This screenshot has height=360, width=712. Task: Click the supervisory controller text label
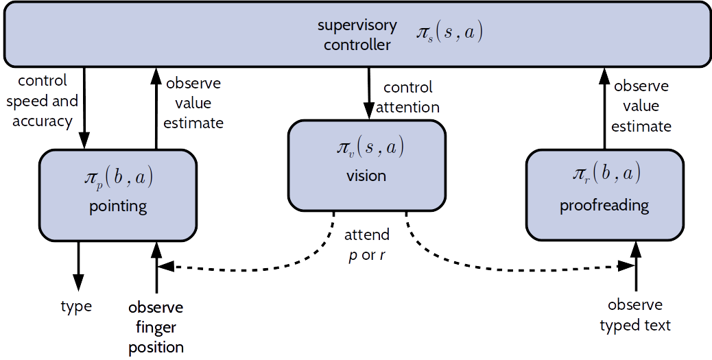[x=357, y=35]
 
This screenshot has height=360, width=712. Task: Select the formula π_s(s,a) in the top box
[x=449, y=33]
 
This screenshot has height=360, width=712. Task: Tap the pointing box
[x=118, y=195]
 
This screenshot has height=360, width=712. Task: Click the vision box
[x=366, y=165]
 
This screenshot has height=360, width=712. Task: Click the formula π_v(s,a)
[x=366, y=147]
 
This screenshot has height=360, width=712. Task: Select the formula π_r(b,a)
[x=604, y=175]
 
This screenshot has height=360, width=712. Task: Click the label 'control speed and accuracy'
[x=42, y=101]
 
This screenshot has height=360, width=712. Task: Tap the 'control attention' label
[x=407, y=97]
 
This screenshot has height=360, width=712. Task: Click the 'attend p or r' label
[x=367, y=244]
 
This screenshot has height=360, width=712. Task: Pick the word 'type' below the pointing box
[x=76, y=306]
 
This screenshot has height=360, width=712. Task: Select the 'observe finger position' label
[x=156, y=326]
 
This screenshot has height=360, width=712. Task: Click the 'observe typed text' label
[x=635, y=315]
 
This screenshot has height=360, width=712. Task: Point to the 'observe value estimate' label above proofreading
[x=641, y=106]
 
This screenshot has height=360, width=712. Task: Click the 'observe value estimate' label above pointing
[x=194, y=103]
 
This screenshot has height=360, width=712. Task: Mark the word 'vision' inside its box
[x=366, y=176]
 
